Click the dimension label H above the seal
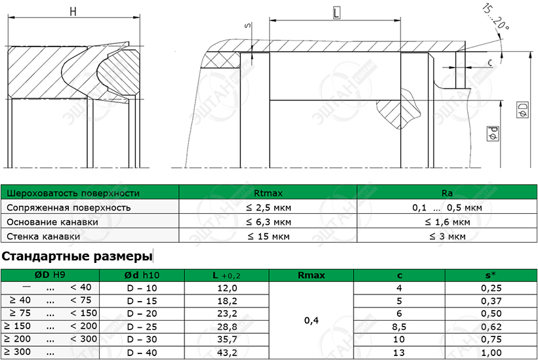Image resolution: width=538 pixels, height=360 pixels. pos(73,11)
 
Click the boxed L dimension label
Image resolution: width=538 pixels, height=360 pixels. pos(337,13)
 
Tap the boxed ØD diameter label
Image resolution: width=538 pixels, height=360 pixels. pos(522,110)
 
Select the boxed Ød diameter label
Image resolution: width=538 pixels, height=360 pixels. pos(493,133)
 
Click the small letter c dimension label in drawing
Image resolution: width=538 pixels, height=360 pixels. pos(489,62)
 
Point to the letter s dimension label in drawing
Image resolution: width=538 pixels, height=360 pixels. pos(248,26)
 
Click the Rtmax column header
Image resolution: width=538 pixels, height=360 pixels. pos(268,193)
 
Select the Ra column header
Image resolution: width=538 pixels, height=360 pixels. pos(447,193)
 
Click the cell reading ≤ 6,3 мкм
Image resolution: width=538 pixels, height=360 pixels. pos(268,222)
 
